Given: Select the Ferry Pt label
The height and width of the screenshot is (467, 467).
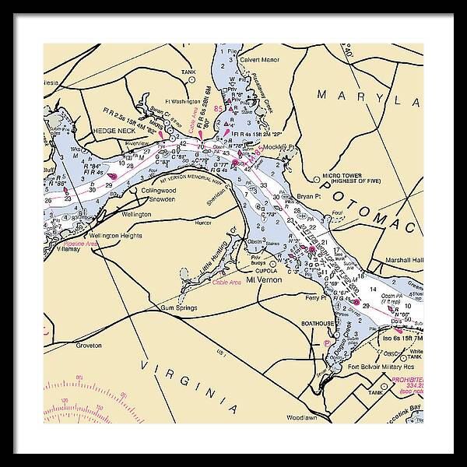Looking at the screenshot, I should tap(316, 298).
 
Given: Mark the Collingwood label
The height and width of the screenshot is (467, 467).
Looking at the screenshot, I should tap(159, 190).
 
